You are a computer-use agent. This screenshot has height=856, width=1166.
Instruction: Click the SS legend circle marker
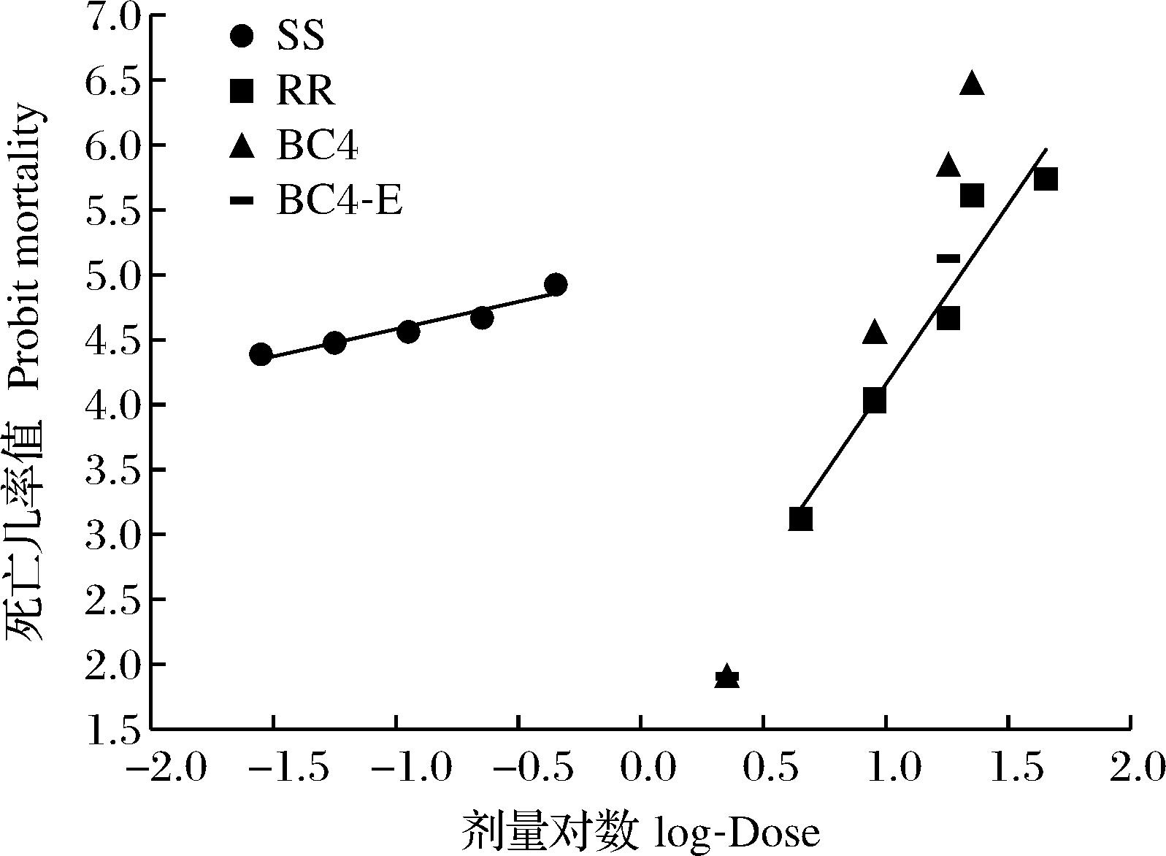pyautogui.click(x=242, y=36)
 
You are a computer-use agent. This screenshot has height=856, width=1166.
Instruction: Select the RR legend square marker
pyautogui.click(x=242, y=91)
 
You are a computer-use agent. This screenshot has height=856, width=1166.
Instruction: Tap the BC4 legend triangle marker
pyautogui.click(x=242, y=148)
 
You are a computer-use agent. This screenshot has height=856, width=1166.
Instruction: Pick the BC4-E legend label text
pyautogui.click(x=340, y=200)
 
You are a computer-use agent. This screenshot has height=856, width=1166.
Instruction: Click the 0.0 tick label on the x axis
pyautogui.click(x=640, y=768)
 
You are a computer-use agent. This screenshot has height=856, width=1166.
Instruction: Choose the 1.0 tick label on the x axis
pyautogui.click(x=886, y=768)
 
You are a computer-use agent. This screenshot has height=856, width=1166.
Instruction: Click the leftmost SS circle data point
pyautogui.click(x=261, y=355)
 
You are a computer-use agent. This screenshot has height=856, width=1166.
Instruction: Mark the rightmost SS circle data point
pyautogui.click(x=556, y=285)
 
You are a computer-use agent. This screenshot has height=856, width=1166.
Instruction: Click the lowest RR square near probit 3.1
pyautogui.click(x=801, y=519)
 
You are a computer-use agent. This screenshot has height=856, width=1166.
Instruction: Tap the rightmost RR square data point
pyautogui.click(x=1046, y=179)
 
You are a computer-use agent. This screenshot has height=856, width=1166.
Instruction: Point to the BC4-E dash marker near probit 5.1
pyautogui.click(x=948, y=258)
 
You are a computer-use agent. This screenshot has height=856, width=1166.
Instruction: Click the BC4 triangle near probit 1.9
pyautogui.click(x=726, y=675)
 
